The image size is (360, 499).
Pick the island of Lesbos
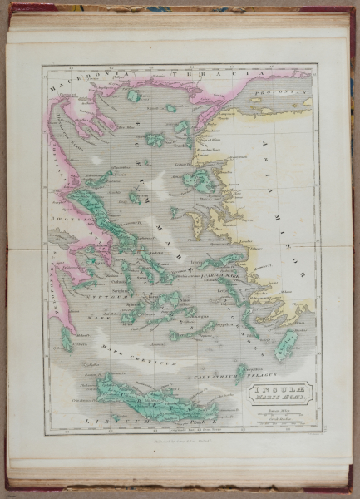click(x=200, y=180)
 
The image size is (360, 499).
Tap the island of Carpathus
click(x=242, y=369)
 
